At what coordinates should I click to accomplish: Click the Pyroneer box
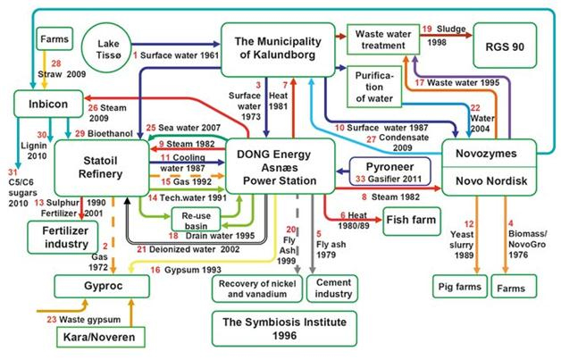coord(389,167)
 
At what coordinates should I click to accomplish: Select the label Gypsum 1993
coord(181,269)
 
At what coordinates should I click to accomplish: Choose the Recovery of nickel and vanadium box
coord(255,288)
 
